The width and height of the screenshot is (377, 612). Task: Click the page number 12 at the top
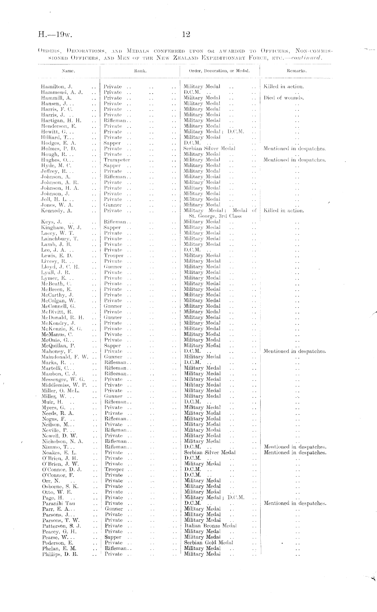[186, 34]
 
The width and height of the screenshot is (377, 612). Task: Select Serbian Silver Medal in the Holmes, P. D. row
[209, 149]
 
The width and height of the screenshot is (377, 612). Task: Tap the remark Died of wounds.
[284, 98]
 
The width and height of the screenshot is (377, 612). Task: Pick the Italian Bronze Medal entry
[210, 526]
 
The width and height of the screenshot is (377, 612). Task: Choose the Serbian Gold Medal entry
[208, 543]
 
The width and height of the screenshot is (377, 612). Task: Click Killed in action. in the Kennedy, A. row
[284, 211]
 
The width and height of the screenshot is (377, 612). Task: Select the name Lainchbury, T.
[60, 239]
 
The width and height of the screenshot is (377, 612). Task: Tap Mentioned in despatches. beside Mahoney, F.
[295, 351]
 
